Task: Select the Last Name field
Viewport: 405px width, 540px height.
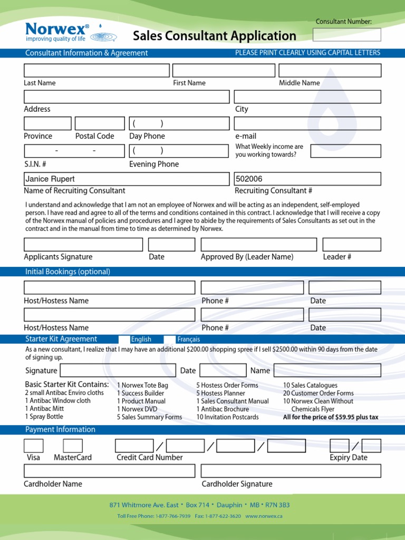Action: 97,71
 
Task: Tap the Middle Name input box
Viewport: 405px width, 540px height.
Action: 330,71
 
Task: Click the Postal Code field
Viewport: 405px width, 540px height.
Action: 100,123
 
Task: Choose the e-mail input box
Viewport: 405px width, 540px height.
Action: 307,123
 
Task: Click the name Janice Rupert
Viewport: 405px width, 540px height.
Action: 51,179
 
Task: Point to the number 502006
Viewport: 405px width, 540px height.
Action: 249,179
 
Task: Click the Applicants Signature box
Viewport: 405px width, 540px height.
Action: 83,245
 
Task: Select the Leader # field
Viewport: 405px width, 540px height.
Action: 351,245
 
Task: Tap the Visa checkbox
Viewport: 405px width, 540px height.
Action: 34,446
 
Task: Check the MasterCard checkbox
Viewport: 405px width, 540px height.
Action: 73,446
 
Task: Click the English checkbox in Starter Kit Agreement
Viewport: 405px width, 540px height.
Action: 124,339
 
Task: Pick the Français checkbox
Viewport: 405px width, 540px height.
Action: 170,339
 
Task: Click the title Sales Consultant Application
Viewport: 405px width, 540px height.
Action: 214,36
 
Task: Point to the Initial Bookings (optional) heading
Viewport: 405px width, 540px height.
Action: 68,272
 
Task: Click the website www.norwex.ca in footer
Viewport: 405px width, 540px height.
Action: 264,516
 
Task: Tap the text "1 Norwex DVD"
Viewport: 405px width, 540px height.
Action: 137,409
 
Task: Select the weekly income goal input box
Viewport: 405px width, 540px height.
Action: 345,151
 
